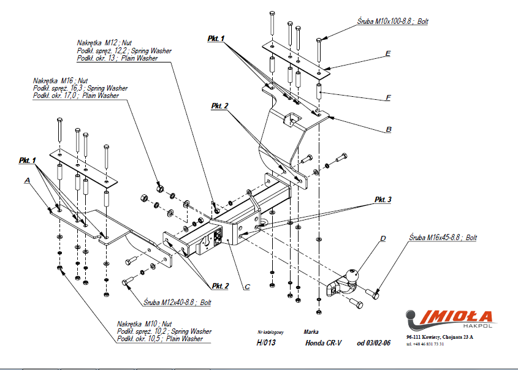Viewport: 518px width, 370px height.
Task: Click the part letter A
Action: pos(27,181)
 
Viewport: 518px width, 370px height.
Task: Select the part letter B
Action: pos(389,129)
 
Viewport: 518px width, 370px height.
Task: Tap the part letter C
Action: pos(247,286)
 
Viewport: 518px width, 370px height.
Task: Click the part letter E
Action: pos(388,54)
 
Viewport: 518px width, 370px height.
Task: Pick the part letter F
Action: pos(388,97)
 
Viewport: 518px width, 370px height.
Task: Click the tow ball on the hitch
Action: pos(354,276)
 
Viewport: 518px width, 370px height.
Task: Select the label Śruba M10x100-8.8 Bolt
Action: pos(393,21)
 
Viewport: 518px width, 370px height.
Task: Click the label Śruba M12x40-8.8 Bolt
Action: pos(177,302)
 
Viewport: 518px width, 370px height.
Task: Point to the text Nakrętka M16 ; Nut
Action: pos(61,81)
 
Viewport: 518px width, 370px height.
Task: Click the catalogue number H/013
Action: pos(266,342)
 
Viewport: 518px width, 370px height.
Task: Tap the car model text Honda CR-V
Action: pos(322,342)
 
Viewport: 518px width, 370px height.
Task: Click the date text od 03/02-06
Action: pos(374,342)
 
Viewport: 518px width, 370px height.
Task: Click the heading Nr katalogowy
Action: pos(269,331)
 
